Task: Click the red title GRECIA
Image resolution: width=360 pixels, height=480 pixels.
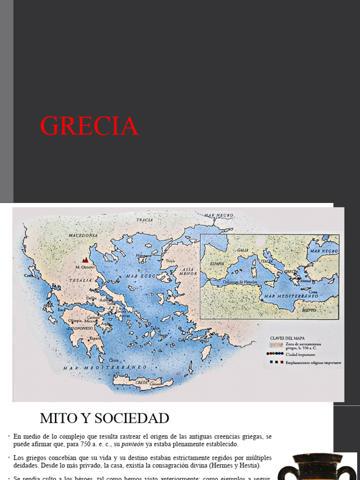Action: (x=89, y=126)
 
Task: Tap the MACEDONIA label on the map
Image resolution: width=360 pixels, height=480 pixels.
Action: (x=82, y=235)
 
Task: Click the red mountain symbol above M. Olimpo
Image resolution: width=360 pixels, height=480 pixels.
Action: (x=85, y=259)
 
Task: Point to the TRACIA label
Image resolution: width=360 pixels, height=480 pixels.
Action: (x=145, y=220)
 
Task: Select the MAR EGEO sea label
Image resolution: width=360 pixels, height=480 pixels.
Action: (x=140, y=277)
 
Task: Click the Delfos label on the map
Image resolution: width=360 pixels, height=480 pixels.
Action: (x=92, y=298)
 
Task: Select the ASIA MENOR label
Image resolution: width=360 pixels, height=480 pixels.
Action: (x=187, y=271)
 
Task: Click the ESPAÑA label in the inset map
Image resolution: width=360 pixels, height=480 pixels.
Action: (x=217, y=264)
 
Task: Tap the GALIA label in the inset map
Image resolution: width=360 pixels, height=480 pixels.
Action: (x=243, y=250)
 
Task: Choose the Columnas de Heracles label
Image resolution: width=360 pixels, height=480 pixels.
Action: (x=240, y=281)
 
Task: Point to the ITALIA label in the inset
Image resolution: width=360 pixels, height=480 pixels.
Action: (x=267, y=262)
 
